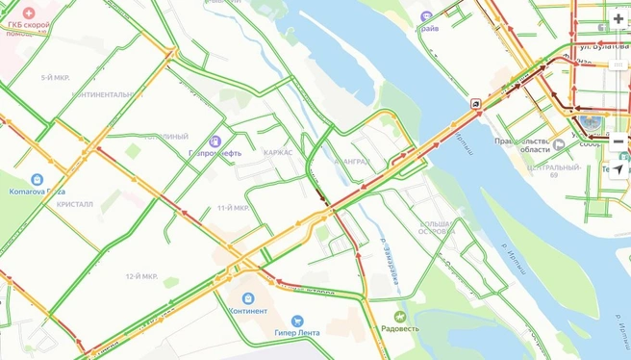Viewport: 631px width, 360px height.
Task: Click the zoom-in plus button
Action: (x=618, y=19)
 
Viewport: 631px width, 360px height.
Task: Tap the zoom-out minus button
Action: (x=618, y=141)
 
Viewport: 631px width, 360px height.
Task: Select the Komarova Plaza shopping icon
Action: (x=37, y=180)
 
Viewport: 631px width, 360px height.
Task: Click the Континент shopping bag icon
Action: (x=247, y=298)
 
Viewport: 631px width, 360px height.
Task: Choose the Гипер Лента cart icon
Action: (x=296, y=321)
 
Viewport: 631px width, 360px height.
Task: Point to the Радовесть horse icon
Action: (x=400, y=316)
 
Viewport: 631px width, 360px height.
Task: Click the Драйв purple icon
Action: (x=427, y=16)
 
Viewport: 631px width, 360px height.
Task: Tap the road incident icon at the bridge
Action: (x=477, y=103)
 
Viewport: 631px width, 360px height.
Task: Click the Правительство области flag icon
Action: (x=559, y=145)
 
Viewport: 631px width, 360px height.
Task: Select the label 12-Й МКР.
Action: (x=140, y=276)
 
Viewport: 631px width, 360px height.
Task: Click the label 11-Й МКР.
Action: (x=233, y=208)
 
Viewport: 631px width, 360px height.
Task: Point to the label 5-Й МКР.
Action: (x=56, y=77)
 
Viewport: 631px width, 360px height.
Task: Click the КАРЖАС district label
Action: (x=278, y=153)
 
